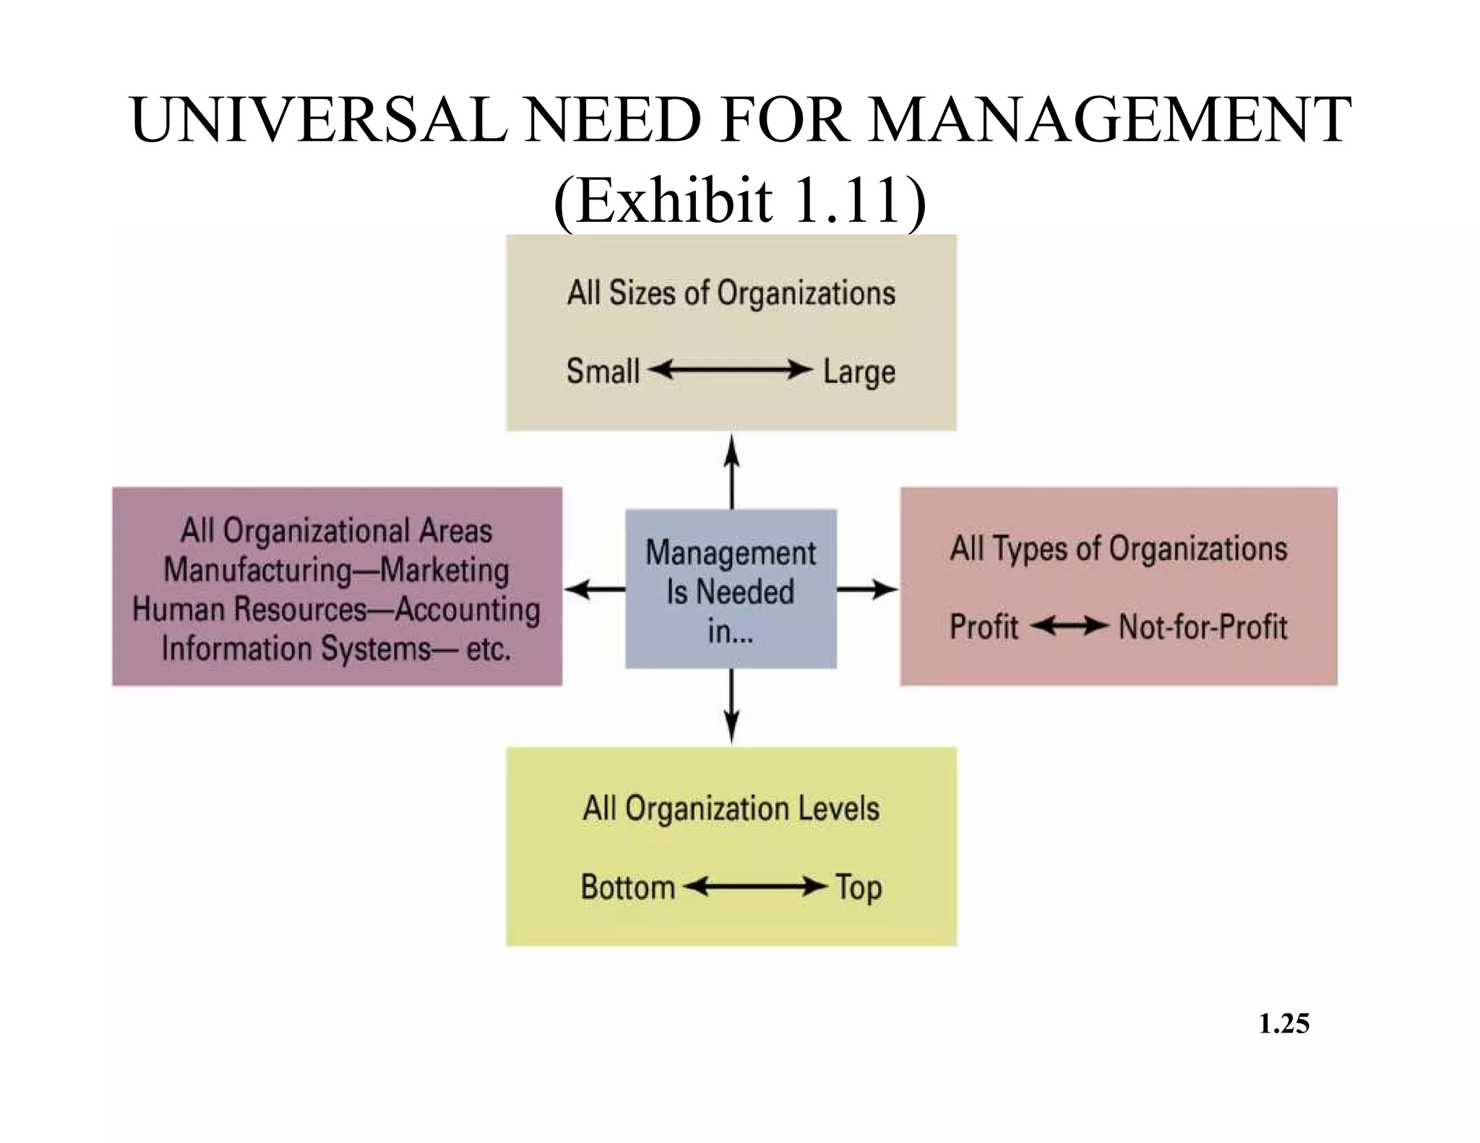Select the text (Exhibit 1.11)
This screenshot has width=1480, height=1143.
click(x=739, y=201)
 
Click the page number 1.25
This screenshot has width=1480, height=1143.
click(x=1283, y=1024)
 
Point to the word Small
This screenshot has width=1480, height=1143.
click(x=603, y=371)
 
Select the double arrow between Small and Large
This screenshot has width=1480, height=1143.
click(x=731, y=371)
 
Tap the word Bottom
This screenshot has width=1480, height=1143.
click(x=627, y=887)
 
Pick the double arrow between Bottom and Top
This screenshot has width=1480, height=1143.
click(x=754, y=887)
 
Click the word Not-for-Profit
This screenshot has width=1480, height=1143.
click(x=1202, y=626)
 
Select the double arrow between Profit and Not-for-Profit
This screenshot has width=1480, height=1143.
click(x=1069, y=626)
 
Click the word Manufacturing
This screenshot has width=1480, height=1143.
click(x=257, y=570)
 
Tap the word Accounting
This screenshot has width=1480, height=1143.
click(x=468, y=609)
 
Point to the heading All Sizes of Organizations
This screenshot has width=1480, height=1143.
click(x=731, y=293)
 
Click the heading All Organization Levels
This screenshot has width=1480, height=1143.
click(x=731, y=808)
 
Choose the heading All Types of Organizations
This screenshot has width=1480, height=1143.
click(x=1118, y=548)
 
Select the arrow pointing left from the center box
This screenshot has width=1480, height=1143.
click(x=594, y=590)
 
